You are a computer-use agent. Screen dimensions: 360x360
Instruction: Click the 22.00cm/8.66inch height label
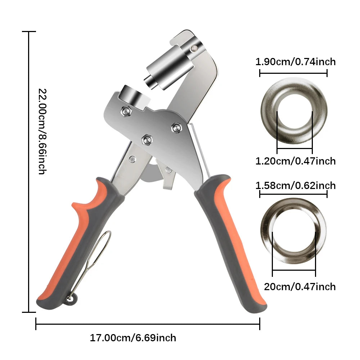41,131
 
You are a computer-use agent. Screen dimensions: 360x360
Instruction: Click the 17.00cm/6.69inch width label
133,338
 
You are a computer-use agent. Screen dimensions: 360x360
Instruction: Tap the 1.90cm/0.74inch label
295,62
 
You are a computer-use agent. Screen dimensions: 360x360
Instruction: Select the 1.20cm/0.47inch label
295,161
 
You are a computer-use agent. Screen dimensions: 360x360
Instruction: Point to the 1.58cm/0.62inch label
295,186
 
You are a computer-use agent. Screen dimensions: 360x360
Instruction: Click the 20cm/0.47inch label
300,287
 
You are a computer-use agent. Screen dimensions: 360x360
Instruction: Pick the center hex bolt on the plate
147,139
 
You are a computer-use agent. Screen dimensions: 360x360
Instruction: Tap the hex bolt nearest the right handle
176,127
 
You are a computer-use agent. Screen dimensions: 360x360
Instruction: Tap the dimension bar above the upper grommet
293,73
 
